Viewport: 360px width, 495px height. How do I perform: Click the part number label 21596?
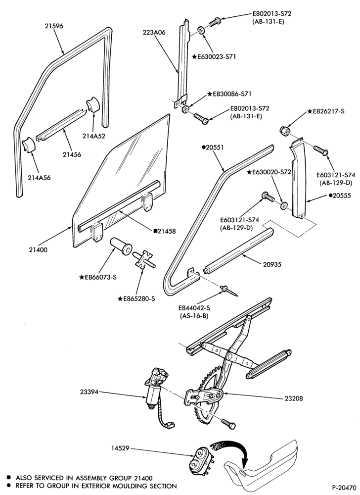[x=53, y=26]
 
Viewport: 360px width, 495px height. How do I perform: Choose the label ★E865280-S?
[x=136, y=298]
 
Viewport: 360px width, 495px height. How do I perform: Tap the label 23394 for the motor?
[x=89, y=392]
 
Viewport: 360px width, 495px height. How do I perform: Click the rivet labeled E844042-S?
[x=229, y=291]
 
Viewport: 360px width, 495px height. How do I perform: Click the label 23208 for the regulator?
[x=293, y=398]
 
